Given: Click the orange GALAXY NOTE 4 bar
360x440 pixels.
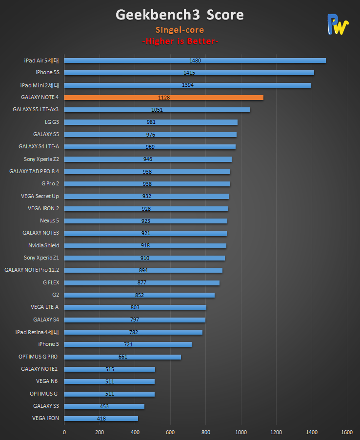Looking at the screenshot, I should tap(163, 98).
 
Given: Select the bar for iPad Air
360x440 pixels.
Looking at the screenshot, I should tap(195, 60).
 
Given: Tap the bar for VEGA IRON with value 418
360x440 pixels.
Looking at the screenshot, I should tap(101, 419).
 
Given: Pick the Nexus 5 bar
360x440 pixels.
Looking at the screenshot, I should tap(145, 221).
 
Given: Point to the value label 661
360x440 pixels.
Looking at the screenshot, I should tap(122, 357).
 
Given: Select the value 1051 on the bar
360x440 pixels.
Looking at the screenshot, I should tap(157, 110).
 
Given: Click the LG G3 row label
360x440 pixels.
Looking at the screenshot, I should tap(51, 122).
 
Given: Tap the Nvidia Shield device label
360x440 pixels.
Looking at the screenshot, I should tap(44, 245).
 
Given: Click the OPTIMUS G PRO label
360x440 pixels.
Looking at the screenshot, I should tap(39, 357).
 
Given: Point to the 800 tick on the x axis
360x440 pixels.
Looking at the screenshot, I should tap(205, 432).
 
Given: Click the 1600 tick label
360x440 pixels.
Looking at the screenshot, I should tap(347, 432).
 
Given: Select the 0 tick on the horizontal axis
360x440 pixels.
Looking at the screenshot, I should tap(64, 432).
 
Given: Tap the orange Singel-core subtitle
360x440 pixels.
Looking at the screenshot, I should tap(180, 30).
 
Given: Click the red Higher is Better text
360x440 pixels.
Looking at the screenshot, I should tap(180, 41).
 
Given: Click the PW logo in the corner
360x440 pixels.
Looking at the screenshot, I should tap(338, 24).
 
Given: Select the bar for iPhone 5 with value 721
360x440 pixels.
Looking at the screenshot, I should tap(128, 344).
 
